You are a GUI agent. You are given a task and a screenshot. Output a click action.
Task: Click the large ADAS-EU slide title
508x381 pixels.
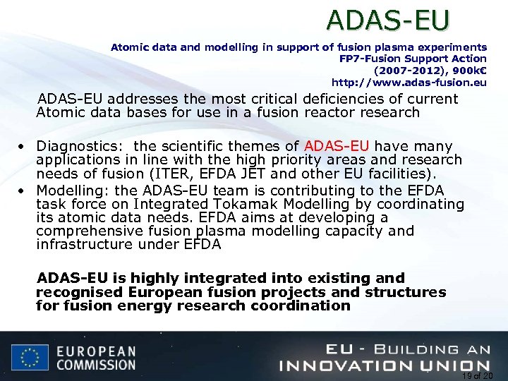[388, 20]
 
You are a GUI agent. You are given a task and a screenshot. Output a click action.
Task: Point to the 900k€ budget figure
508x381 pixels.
[466, 71]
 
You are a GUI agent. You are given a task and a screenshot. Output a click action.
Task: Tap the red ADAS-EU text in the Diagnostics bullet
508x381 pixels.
[337, 147]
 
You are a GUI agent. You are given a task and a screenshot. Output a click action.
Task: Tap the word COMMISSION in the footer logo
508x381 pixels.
[96, 365]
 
